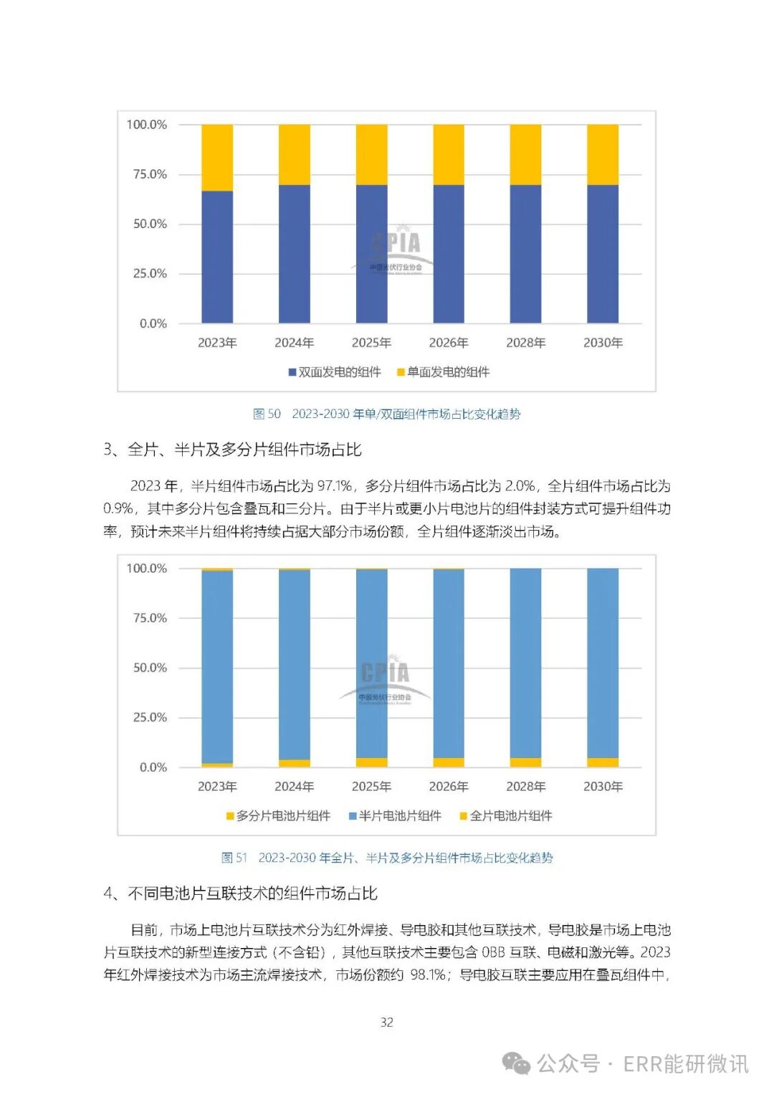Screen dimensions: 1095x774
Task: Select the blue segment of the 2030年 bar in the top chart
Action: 603,254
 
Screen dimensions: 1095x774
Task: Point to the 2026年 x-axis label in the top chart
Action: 449,343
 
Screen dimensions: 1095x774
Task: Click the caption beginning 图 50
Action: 387,414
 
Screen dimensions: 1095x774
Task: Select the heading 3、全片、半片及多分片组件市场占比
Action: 233,450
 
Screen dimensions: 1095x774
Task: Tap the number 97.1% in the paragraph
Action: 334,486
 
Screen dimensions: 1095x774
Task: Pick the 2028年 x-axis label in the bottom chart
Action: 526,787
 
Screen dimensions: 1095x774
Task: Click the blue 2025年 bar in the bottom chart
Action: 371,663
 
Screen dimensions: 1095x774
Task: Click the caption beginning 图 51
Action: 387,858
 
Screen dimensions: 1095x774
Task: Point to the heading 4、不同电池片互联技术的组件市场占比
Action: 241,893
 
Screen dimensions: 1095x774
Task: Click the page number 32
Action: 387,1022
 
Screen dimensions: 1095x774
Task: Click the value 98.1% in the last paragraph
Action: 428,975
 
